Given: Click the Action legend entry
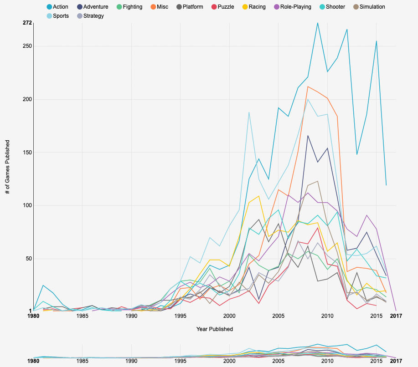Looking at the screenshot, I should coord(57,7).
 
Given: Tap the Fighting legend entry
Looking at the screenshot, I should coord(129,7).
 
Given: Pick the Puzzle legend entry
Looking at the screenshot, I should coord(222,7).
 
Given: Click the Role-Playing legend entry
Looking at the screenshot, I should coord(292,7).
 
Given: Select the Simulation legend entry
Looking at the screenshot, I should coord(368,7).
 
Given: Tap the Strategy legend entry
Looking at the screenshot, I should coord(90,16).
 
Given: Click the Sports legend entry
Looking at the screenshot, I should coord(57,16).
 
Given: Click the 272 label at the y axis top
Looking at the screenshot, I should coord(27,23).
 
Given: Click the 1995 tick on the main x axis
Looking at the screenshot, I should coord(181,316).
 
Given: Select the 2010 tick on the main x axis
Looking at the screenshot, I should coord(327,316).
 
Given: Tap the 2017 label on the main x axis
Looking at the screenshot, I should coord(390,316).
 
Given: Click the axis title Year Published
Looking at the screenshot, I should coord(215,329).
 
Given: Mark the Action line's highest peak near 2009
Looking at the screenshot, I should coord(318,23).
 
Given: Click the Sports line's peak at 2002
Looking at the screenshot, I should coord(249,112).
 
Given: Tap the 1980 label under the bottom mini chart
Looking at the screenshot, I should coord(33,362).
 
